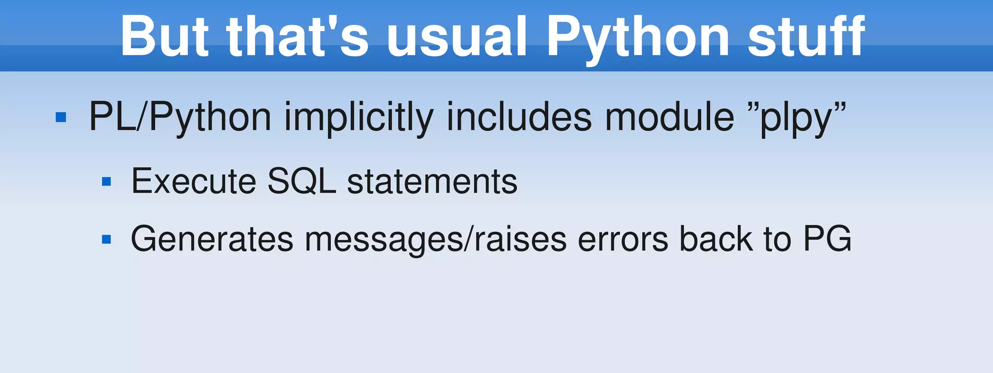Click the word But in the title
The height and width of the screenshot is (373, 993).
pyautogui.click(x=165, y=36)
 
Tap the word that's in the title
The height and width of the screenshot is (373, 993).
pyautogui.click(x=297, y=36)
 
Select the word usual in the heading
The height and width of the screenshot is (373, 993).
pyautogui.click(x=456, y=36)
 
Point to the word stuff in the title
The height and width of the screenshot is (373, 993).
pyautogui.click(x=806, y=36)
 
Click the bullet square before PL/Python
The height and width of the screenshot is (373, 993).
pyautogui.click(x=61, y=117)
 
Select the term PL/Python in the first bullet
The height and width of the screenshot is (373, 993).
pyautogui.click(x=180, y=118)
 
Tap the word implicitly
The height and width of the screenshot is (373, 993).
pyautogui.click(x=359, y=118)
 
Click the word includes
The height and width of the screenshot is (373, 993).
pyautogui.click(x=519, y=117)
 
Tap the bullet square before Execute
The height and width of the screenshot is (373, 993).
pyautogui.click(x=107, y=182)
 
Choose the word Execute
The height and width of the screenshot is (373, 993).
pyautogui.click(x=193, y=181)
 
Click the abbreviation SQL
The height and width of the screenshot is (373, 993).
pyautogui.click(x=302, y=181)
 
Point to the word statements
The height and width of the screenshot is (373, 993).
pyautogui.click(x=432, y=181)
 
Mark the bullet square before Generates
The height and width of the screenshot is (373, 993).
pyautogui.click(x=107, y=239)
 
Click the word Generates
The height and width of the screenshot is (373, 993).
pyautogui.click(x=212, y=239)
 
